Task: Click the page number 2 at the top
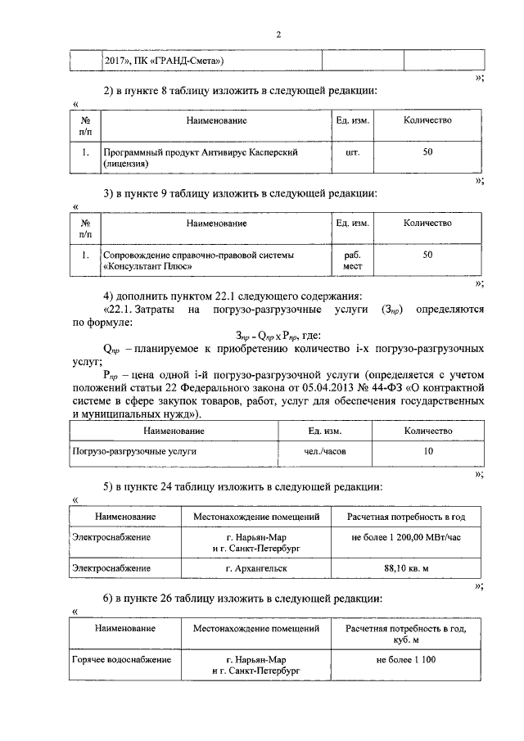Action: (x=278, y=34)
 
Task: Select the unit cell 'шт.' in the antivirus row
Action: (x=353, y=152)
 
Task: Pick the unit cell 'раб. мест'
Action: (x=353, y=260)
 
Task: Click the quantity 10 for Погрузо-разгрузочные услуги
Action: (x=428, y=451)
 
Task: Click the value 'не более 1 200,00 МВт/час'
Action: (x=407, y=537)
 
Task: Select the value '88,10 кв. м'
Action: (x=407, y=567)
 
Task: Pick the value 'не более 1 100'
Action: (x=407, y=659)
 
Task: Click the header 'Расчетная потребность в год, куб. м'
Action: (x=407, y=634)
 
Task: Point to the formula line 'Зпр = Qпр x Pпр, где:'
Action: (x=278, y=335)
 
